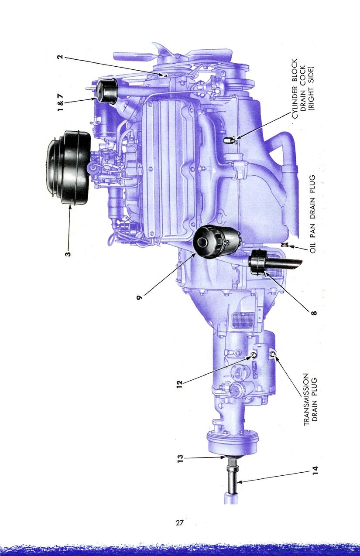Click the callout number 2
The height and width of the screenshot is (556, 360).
point(60,57)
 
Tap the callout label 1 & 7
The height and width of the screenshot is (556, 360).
point(60,103)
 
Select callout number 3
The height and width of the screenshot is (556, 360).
point(68,253)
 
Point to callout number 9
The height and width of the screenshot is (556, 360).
point(139,297)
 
